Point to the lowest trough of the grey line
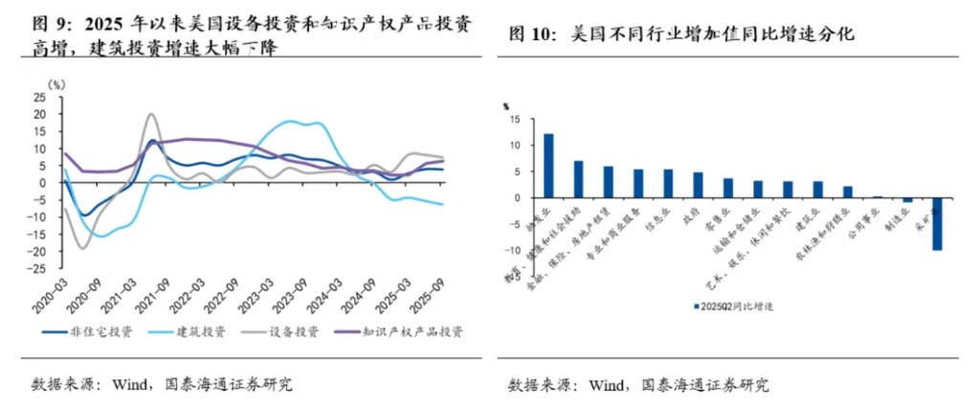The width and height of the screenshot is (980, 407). coord(82,248)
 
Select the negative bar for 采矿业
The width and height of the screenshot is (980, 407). coord(937,224)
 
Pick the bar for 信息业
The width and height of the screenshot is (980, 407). coord(668,184)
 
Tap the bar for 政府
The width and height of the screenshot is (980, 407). coord(698,185)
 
